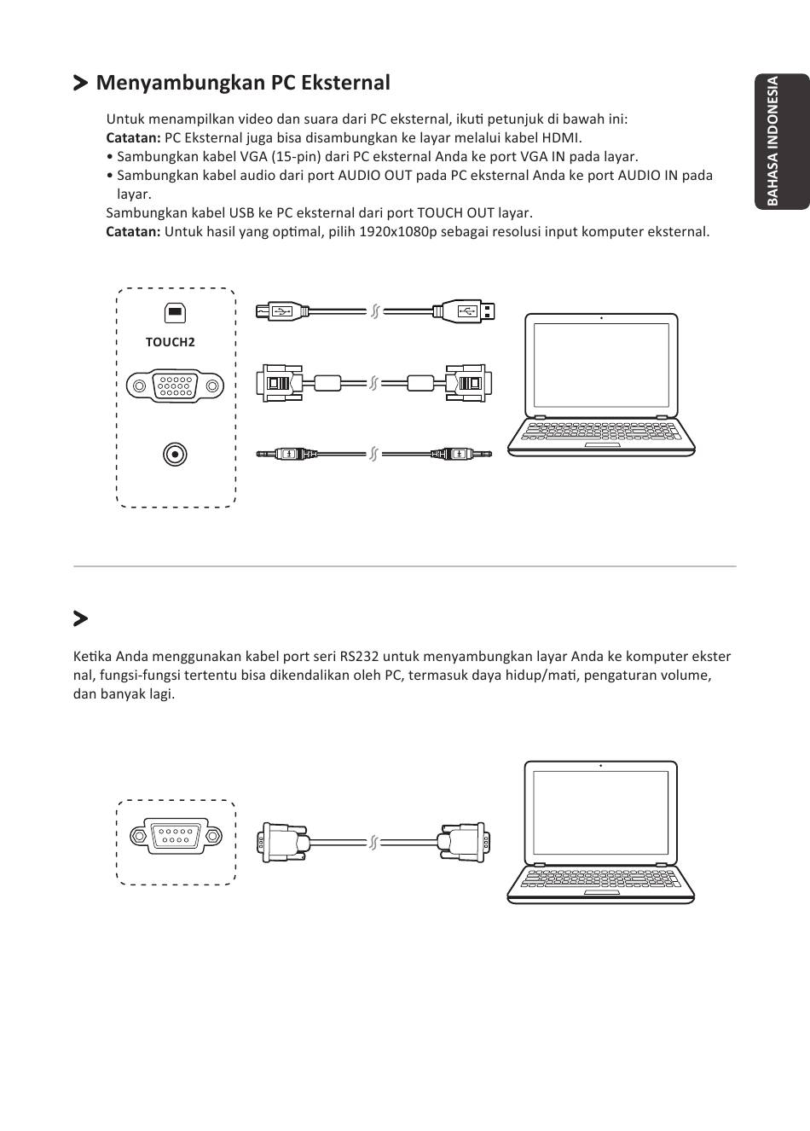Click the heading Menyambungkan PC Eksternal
pyautogui.click(x=243, y=83)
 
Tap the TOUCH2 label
pyautogui.click(x=171, y=342)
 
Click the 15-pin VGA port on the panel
pyautogui.click(x=175, y=386)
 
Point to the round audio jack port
pyautogui.click(x=175, y=455)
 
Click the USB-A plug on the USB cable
pyautogui.click(x=466, y=311)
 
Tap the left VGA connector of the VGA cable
pyautogui.click(x=280, y=382)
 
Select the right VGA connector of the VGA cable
pyautogui.click(x=466, y=382)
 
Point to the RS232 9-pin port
pyautogui.click(x=175, y=835)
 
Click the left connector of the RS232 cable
pyautogui.click(x=283, y=844)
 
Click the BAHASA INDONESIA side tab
pyautogui.click(x=781, y=142)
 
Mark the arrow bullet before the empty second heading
pyautogui.click(x=81, y=618)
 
